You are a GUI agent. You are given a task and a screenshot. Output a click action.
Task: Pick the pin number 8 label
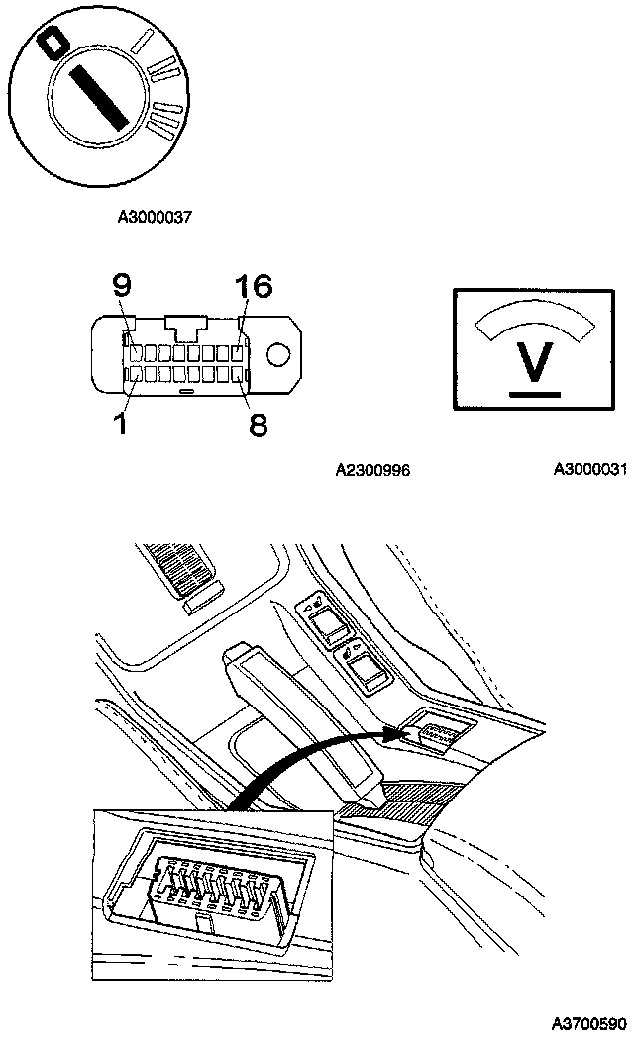click(257, 424)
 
